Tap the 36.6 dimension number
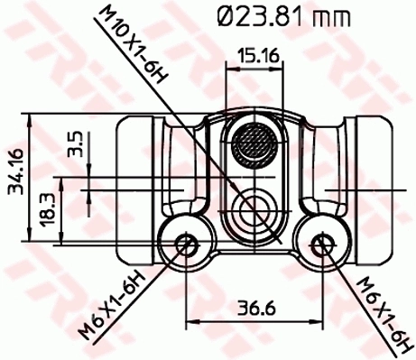(x=255, y=307)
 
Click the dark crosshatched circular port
(x=252, y=143)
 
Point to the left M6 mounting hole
(x=185, y=243)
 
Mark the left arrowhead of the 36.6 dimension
(x=190, y=319)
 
